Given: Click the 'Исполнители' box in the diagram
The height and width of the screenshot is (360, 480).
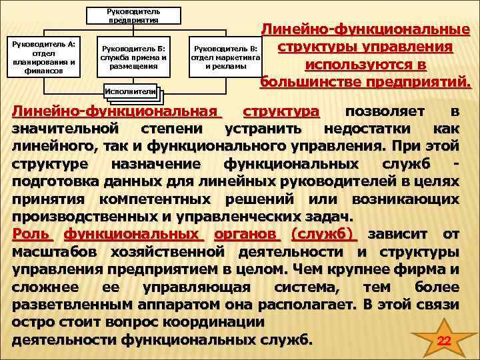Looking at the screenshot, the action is [x=130, y=91].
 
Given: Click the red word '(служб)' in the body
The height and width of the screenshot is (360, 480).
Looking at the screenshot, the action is [x=324, y=234].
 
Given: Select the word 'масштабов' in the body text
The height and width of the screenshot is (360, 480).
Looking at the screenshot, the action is [x=55, y=252].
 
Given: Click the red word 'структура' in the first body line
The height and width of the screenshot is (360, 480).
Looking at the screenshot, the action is [x=281, y=111].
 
